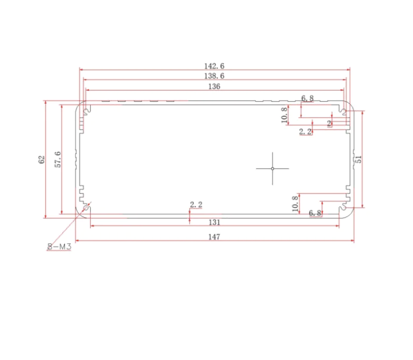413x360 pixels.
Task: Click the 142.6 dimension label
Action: tap(214, 66)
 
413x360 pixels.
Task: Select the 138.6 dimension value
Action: tap(214, 76)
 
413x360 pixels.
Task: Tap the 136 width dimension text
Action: tap(214, 87)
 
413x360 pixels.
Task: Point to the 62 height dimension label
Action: tap(41, 160)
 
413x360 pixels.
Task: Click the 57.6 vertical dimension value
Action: tap(58, 159)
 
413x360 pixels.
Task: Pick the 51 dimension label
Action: tap(359, 159)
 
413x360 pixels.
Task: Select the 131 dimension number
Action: tap(215, 222)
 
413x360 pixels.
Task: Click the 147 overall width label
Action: tap(214, 237)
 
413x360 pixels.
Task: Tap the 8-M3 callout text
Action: tap(59, 246)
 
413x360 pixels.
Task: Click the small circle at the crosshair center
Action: tap(273, 168)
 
